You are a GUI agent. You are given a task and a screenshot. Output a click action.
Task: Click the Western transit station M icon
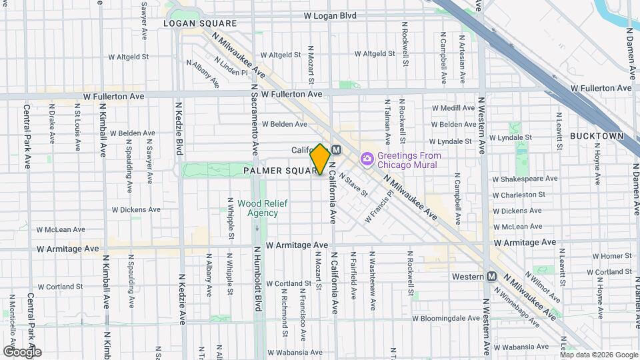click(492, 276)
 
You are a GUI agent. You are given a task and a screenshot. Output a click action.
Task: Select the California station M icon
click(336, 150)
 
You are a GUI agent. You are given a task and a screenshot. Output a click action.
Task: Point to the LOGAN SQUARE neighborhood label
click(200, 23)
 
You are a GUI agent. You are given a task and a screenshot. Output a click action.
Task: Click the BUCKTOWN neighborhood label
click(597, 136)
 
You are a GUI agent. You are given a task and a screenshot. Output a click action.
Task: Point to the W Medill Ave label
click(452, 108)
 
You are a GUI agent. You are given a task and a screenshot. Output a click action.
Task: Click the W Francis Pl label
click(379, 208)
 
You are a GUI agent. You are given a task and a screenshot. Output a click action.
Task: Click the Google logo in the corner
click(22, 351)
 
